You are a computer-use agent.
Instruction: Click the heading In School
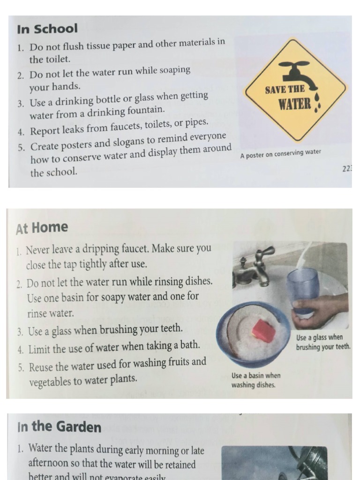(x=47, y=29)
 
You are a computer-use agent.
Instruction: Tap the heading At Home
(x=42, y=228)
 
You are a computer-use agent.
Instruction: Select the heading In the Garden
(x=59, y=427)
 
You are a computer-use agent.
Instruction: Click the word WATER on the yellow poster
(x=295, y=104)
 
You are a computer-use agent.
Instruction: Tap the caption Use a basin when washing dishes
(x=256, y=380)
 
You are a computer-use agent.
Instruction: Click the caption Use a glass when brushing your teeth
(x=323, y=342)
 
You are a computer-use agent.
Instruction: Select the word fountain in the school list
(x=145, y=110)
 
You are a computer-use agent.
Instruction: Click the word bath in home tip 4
(x=191, y=346)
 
